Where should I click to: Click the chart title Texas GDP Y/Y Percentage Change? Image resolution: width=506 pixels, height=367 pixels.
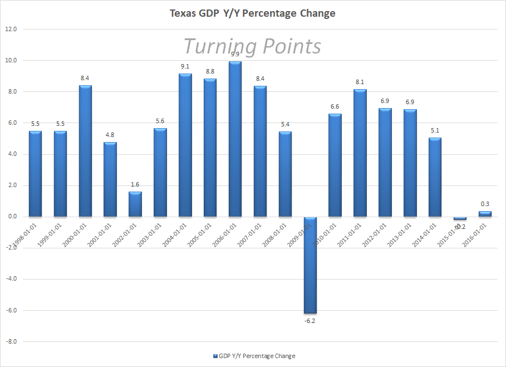(253, 13)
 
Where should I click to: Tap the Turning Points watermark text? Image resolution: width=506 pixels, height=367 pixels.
(252, 46)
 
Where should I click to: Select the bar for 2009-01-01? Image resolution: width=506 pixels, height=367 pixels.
(310, 265)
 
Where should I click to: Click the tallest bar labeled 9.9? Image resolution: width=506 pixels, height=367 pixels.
(235, 139)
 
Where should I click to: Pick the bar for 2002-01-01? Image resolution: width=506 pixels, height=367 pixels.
(135, 204)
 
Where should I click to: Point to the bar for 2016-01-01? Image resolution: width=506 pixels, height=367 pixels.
(485, 214)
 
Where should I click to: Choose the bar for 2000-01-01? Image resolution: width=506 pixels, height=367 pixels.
(85, 151)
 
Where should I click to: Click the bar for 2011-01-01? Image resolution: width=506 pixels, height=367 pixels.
(360, 153)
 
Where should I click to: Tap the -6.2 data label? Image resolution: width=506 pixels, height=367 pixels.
(310, 321)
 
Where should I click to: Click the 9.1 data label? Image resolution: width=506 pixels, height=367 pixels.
(185, 67)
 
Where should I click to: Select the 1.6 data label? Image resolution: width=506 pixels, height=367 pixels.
(135, 184)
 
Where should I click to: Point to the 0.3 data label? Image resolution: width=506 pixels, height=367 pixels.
(485, 204)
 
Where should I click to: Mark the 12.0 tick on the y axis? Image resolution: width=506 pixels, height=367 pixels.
(12, 29)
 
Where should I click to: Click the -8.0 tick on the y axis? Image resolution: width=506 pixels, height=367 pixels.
(11, 341)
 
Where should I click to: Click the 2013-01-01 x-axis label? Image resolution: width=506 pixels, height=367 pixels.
(399, 233)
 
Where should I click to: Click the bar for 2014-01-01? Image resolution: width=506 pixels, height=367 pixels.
(435, 177)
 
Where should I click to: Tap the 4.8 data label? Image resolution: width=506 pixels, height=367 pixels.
(110, 135)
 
